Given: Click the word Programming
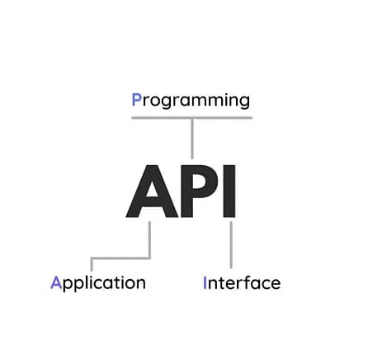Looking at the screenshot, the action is (x=191, y=101).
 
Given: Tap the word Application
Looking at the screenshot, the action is (x=98, y=283).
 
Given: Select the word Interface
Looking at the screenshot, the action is (x=242, y=282).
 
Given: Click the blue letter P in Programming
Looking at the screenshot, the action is (x=137, y=99).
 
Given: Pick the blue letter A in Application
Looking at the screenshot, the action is (x=56, y=282).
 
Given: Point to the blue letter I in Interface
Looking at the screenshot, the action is (x=205, y=282).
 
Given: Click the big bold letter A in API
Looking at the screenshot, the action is (x=152, y=192).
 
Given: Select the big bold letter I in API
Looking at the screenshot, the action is (x=229, y=192).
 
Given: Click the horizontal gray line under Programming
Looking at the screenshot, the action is (x=192, y=118).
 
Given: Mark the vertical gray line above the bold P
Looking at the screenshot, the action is (x=192, y=139).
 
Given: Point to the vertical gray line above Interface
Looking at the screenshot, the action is (x=231, y=245).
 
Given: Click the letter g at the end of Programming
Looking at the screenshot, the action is (x=244, y=102).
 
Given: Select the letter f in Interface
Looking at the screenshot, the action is (x=248, y=282).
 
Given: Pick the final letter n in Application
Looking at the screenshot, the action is (x=140, y=284).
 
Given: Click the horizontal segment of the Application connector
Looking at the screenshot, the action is (x=120, y=258).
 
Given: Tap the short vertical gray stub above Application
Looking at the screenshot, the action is (x=92, y=264).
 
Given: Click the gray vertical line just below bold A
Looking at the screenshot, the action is (x=149, y=240).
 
